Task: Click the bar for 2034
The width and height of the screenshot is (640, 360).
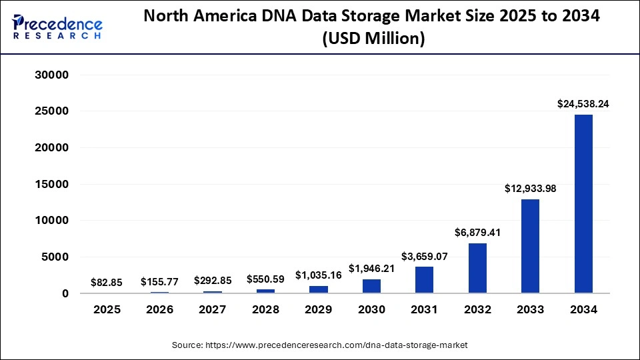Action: point(583,204)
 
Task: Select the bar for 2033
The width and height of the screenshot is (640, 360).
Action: point(530,246)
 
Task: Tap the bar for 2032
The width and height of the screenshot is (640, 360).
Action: point(477,268)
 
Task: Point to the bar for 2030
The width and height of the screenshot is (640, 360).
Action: point(371,286)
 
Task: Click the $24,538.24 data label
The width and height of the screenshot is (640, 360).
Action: point(583,104)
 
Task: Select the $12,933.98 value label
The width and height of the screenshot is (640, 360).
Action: point(530,189)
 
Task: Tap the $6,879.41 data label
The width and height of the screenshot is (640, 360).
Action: point(477,233)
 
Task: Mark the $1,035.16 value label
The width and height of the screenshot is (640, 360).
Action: point(319,275)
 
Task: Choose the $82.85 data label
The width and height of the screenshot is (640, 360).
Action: point(107,283)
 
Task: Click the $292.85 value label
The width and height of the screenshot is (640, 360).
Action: point(213,281)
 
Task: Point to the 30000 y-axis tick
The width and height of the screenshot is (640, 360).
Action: point(51,75)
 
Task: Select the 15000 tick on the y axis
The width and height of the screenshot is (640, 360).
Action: point(51,185)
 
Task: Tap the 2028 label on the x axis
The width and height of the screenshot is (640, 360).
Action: point(265,310)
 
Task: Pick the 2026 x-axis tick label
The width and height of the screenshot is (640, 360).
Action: point(159,310)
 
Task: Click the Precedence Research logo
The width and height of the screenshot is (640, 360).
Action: point(57,27)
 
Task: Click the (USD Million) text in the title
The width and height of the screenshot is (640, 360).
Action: point(373,39)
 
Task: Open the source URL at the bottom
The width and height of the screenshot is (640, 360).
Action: point(319,345)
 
